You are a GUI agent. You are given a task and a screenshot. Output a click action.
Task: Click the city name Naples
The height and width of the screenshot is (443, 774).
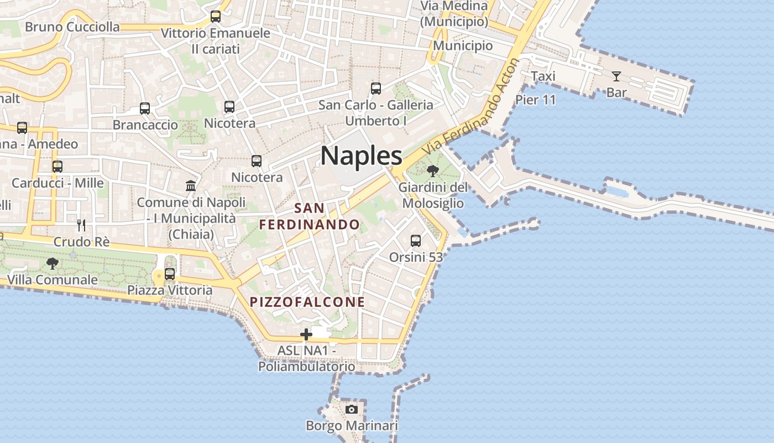[362, 156]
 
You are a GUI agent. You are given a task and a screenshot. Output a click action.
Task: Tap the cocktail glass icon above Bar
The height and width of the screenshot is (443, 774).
[616, 76]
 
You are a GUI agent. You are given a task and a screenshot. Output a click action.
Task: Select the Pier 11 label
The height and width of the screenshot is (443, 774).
[535, 100]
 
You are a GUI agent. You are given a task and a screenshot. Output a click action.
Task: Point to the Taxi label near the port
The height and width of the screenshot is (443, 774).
[543, 76]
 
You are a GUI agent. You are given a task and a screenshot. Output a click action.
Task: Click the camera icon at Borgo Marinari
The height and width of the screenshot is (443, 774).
[351, 409]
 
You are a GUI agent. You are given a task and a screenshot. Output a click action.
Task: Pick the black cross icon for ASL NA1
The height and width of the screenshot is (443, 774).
[306, 334]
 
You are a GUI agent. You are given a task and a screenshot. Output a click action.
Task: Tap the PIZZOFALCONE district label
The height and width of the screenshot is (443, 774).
[307, 302]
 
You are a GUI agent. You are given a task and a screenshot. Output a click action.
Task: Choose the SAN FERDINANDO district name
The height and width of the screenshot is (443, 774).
[310, 217]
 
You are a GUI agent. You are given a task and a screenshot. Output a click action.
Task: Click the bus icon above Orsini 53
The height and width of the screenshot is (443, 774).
[416, 241]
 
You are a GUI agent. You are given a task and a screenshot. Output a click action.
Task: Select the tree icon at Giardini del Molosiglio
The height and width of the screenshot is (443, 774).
[433, 171]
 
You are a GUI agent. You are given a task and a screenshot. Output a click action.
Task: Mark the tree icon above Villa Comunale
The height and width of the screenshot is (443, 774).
[53, 263]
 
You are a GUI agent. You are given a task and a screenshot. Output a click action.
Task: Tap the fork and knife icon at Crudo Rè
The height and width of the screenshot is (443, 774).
[81, 225]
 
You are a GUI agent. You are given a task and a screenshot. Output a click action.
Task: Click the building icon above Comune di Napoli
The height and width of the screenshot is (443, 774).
[191, 186]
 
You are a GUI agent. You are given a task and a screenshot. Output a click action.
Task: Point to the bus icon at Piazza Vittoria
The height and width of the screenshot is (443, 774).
[170, 274]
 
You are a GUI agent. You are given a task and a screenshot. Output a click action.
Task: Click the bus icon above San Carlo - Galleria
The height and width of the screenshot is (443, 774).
[376, 88]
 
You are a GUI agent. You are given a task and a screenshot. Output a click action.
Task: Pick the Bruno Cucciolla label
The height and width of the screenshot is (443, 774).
[72, 27]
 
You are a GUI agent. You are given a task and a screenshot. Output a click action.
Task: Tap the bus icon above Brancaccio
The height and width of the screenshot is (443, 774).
[145, 109]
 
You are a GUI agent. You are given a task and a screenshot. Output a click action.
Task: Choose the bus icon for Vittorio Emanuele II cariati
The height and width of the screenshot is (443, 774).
[216, 17]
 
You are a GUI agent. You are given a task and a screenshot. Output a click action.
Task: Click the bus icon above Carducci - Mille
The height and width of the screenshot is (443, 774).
[57, 166]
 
